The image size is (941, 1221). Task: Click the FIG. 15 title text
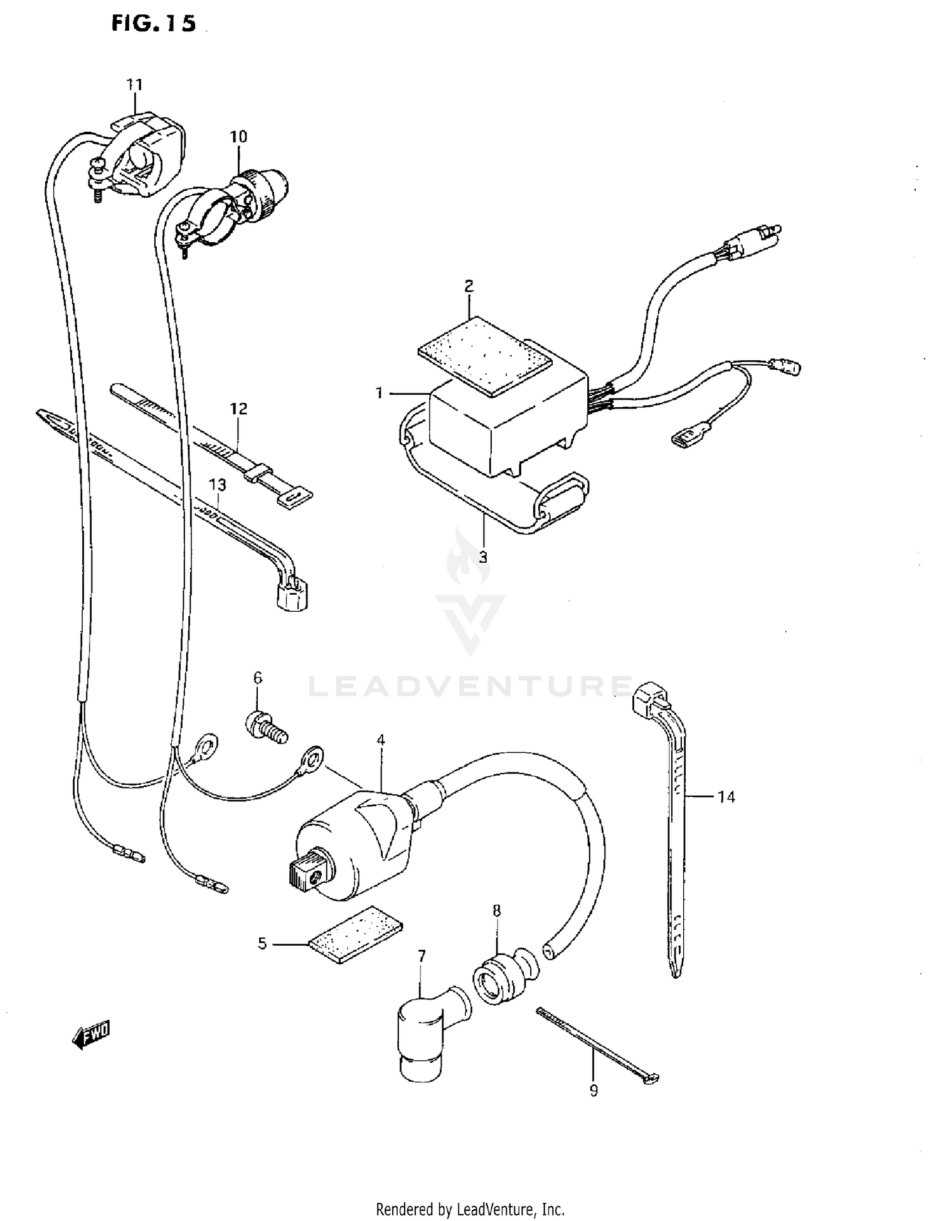click(153, 23)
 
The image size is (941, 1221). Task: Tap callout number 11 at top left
click(135, 84)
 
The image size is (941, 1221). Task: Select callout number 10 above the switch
click(238, 136)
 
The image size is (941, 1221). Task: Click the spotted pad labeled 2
click(485, 356)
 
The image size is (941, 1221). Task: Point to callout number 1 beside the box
click(379, 393)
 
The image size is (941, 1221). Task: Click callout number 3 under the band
click(483, 557)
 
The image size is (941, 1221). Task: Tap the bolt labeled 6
click(265, 727)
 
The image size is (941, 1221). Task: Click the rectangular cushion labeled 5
click(356, 935)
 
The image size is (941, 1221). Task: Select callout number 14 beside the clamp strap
click(726, 797)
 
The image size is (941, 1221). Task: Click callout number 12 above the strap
click(238, 409)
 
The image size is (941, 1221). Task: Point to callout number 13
click(217, 485)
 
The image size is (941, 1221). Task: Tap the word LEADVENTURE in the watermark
click(470, 686)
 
